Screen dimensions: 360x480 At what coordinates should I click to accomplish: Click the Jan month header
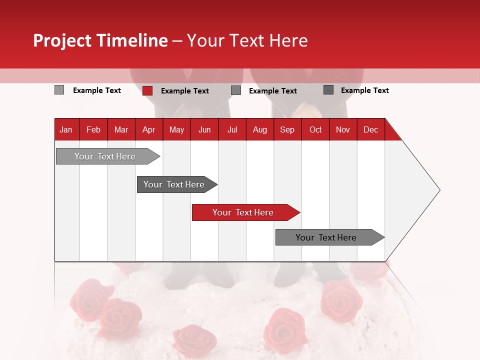[x=66, y=129]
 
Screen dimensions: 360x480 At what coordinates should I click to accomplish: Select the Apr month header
[x=148, y=129]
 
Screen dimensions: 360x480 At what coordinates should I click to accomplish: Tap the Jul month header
[x=232, y=129]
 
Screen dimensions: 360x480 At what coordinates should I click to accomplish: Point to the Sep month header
[x=287, y=129]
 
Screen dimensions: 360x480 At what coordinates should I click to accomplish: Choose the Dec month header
[x=370, y=129]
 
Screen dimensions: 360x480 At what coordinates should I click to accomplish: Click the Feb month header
[x=93, y=129]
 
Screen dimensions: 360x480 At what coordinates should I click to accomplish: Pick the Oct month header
[x=315, y=129]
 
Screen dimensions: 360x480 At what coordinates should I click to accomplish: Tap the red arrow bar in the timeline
[x=244, y=212]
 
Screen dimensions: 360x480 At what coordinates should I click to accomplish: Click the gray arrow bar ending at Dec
[x=327, y=237]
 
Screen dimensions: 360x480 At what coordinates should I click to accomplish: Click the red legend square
[x=147, y=90]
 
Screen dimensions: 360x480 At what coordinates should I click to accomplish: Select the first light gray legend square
[x=59, y=90]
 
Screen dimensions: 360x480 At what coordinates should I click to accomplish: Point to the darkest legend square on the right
[x=328, y=90]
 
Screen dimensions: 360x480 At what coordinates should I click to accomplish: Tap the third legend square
[x=236, y=90]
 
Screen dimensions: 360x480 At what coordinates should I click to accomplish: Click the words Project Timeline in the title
[x=100, y=40]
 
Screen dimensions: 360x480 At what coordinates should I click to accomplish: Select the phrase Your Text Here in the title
[x=247, y=40]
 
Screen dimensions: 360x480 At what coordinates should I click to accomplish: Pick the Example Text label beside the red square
[x=184, y=91]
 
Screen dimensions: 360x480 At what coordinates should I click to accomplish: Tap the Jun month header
[x=204, y=129]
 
